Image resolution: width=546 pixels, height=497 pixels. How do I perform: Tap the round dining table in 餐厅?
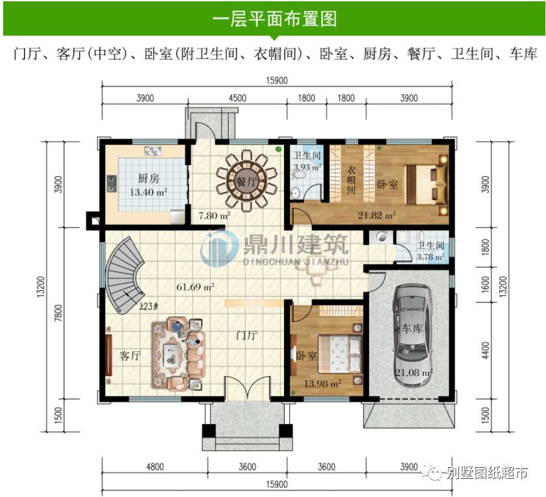coord(246,181)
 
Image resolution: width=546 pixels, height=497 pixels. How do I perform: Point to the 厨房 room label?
coord(148,178)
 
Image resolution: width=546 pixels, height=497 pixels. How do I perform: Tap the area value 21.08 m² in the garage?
coord(414,373)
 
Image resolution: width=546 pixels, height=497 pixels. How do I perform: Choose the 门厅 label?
coord(246,336)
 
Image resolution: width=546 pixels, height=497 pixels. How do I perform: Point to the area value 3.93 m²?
coord(307,167)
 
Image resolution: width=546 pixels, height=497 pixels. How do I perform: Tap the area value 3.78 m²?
coord(430,257)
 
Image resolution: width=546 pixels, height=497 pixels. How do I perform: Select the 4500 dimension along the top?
coord(237,98)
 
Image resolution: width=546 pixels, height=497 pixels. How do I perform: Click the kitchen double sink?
coord(154,151)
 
